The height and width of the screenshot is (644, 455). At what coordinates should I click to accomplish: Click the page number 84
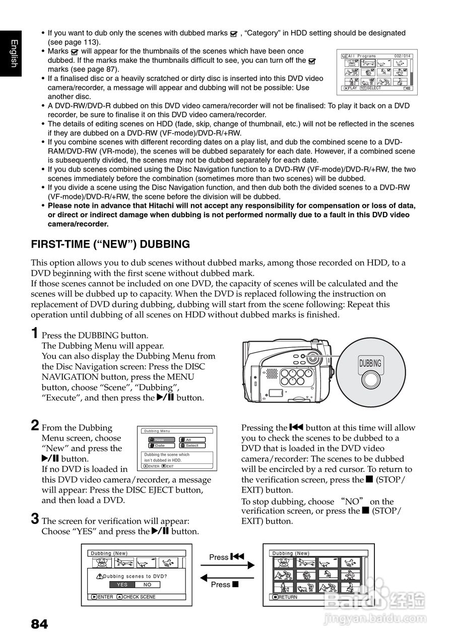(39, 624)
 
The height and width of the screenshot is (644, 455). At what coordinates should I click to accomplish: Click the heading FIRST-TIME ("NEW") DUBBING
(110, 245)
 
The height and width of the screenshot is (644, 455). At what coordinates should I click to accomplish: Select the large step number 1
(34, 333)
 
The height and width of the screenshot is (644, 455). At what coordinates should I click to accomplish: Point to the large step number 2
(34, 426)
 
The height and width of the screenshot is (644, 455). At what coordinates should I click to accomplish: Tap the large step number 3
(35, 518)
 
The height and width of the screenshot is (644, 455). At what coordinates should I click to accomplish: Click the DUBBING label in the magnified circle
(370, 364)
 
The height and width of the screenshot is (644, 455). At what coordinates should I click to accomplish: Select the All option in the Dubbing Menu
(192, 440)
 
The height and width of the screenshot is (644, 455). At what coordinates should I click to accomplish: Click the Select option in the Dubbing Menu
(192, 446)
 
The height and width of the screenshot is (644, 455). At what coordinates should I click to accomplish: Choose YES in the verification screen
(122, 585)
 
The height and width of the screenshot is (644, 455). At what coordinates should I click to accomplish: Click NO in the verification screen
(147, 585)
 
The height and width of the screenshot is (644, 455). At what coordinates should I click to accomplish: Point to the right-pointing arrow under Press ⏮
(227, 565)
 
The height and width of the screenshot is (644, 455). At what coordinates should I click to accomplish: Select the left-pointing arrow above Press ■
(227, 577)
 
